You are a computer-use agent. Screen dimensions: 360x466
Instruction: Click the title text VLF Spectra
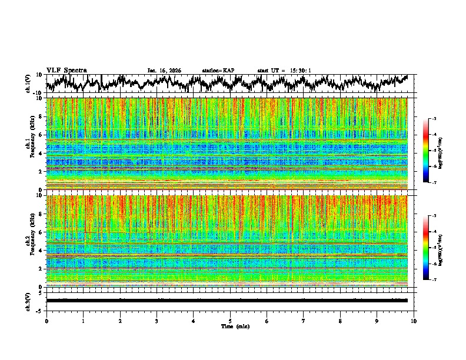(66, 71)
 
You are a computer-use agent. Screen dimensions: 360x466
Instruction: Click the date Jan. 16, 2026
(164, 71)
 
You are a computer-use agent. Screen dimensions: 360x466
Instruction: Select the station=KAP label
(218, 71)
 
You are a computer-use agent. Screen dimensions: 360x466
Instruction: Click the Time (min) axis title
(230, 326)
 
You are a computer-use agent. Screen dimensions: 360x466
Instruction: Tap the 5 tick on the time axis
(230, 321)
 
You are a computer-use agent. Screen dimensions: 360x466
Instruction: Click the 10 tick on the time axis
(414, 321)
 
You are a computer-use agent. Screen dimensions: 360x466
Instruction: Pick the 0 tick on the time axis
(46, 321)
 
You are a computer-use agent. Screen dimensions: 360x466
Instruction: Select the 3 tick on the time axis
(157, 321)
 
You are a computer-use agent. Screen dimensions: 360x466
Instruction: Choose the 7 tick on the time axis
(304, 321)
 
